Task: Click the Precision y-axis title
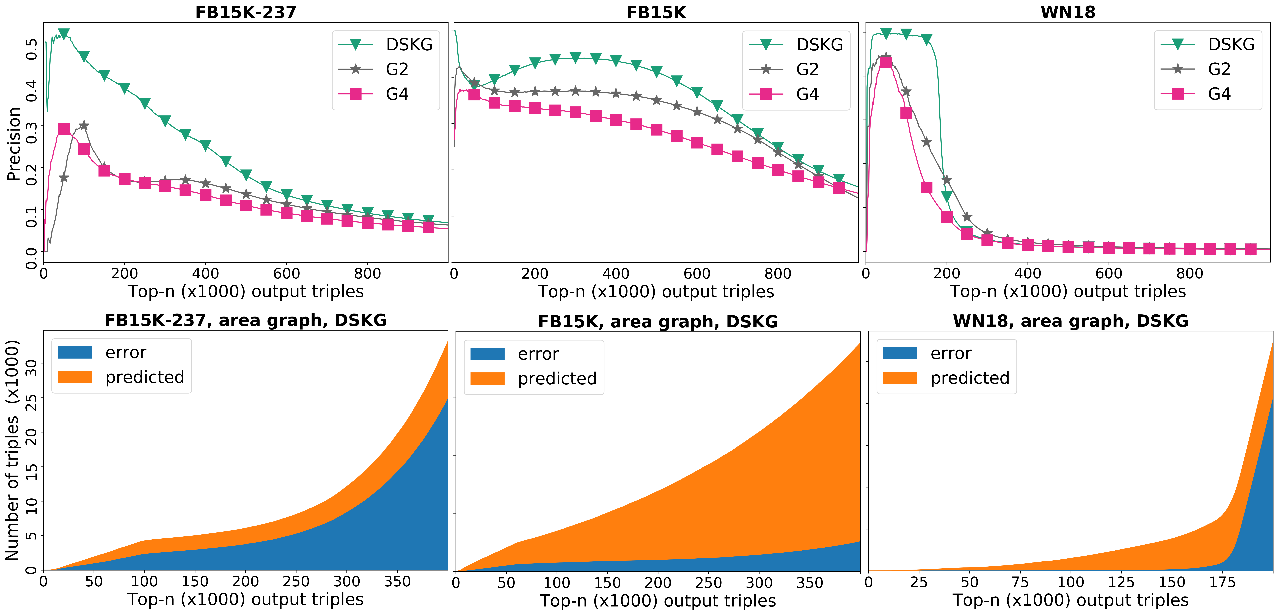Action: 14,144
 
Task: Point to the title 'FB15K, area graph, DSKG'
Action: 658,321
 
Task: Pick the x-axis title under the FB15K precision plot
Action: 656,292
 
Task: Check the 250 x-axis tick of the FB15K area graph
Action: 708,583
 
